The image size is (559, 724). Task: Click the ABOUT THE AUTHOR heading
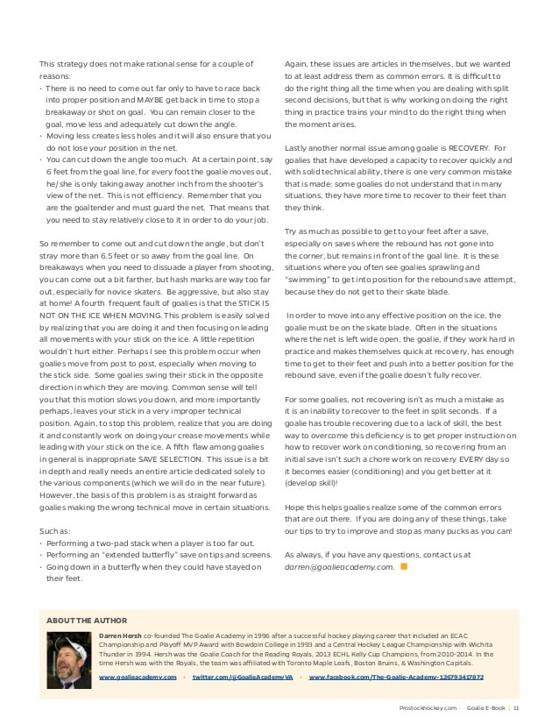(x=87, y=620)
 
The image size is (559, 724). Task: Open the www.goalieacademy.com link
(x=138, y=678)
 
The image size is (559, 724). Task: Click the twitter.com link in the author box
(x=241, y=678)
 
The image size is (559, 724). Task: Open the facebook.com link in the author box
(x=396, y=678)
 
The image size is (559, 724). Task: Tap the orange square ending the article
(x=404, y=566)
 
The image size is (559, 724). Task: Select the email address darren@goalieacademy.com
(x=339, y=567)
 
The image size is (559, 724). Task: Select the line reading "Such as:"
(x=55, y=530)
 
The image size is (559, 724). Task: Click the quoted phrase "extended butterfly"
(x=122, y=555)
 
